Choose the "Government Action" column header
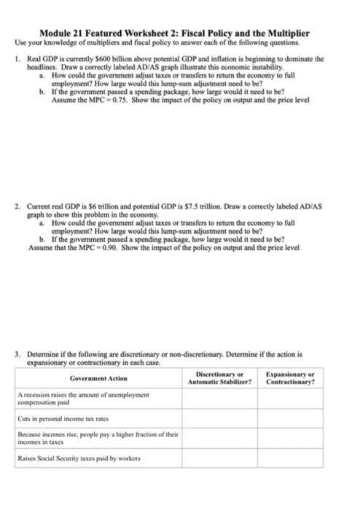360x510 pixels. pyautogui.click(x=98, y=378)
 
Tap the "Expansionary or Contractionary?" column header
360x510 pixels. pyautogui.click(x=291, y=378)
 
